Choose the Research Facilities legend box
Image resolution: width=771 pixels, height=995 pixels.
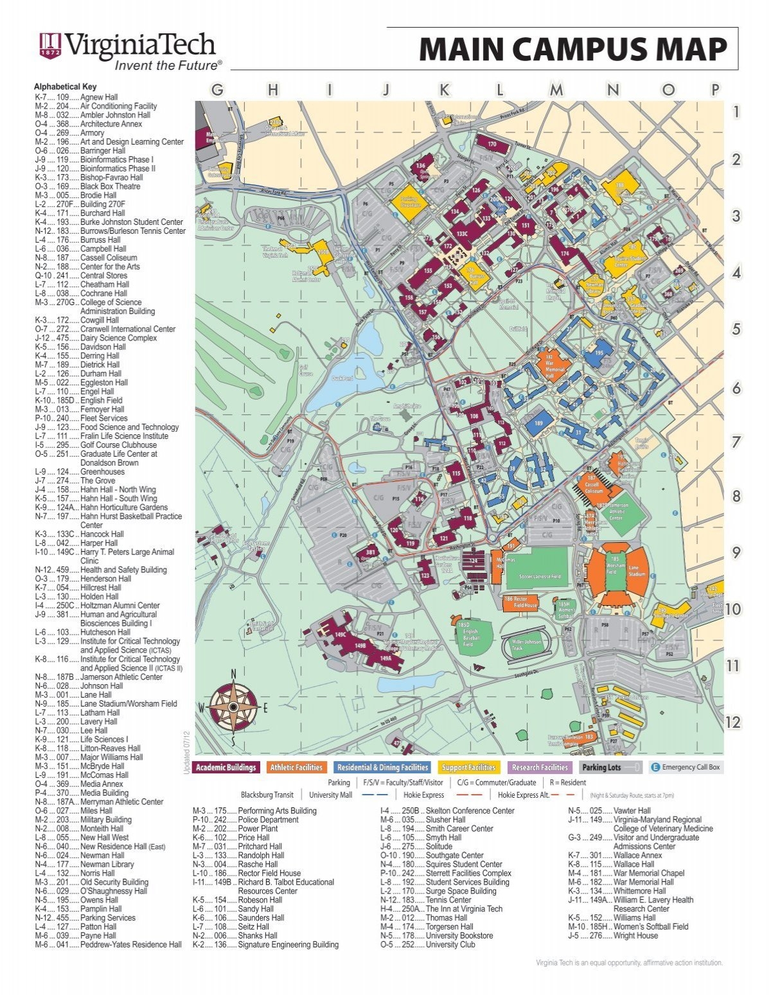540,767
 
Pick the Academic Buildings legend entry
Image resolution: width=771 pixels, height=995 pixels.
226,767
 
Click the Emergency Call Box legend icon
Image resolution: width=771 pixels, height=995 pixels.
656,767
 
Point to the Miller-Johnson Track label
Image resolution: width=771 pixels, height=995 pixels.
526,644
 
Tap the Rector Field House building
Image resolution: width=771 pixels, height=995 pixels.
520,602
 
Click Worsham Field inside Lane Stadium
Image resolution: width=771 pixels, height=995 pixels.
612,569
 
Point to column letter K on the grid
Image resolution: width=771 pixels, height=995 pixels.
444,91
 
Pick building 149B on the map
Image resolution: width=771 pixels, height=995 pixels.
360,646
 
